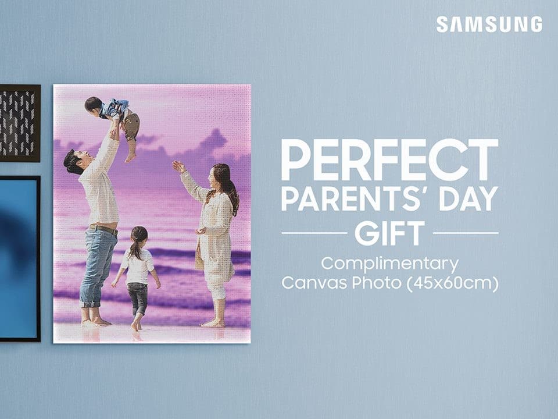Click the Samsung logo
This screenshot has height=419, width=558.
pyautogui.click(x=489, y=24)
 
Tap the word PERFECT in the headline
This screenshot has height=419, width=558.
pyautogui.click(x=389, y=160)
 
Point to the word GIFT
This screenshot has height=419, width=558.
pyautogui.click(x=389, y=233)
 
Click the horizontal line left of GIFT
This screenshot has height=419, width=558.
pyautogui.click(x=314, y=233)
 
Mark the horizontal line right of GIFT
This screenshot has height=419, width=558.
pyautogui.click(x=466, y=233)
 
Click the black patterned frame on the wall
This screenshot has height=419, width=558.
pyautogui.click(x=20, y=123)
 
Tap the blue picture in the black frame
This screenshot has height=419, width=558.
pyautogui.click(x=19, y=258)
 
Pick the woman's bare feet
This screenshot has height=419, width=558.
pyautogui.click(x=213, y=324)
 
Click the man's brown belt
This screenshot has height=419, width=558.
pyautogui.click(x=103, y=229)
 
